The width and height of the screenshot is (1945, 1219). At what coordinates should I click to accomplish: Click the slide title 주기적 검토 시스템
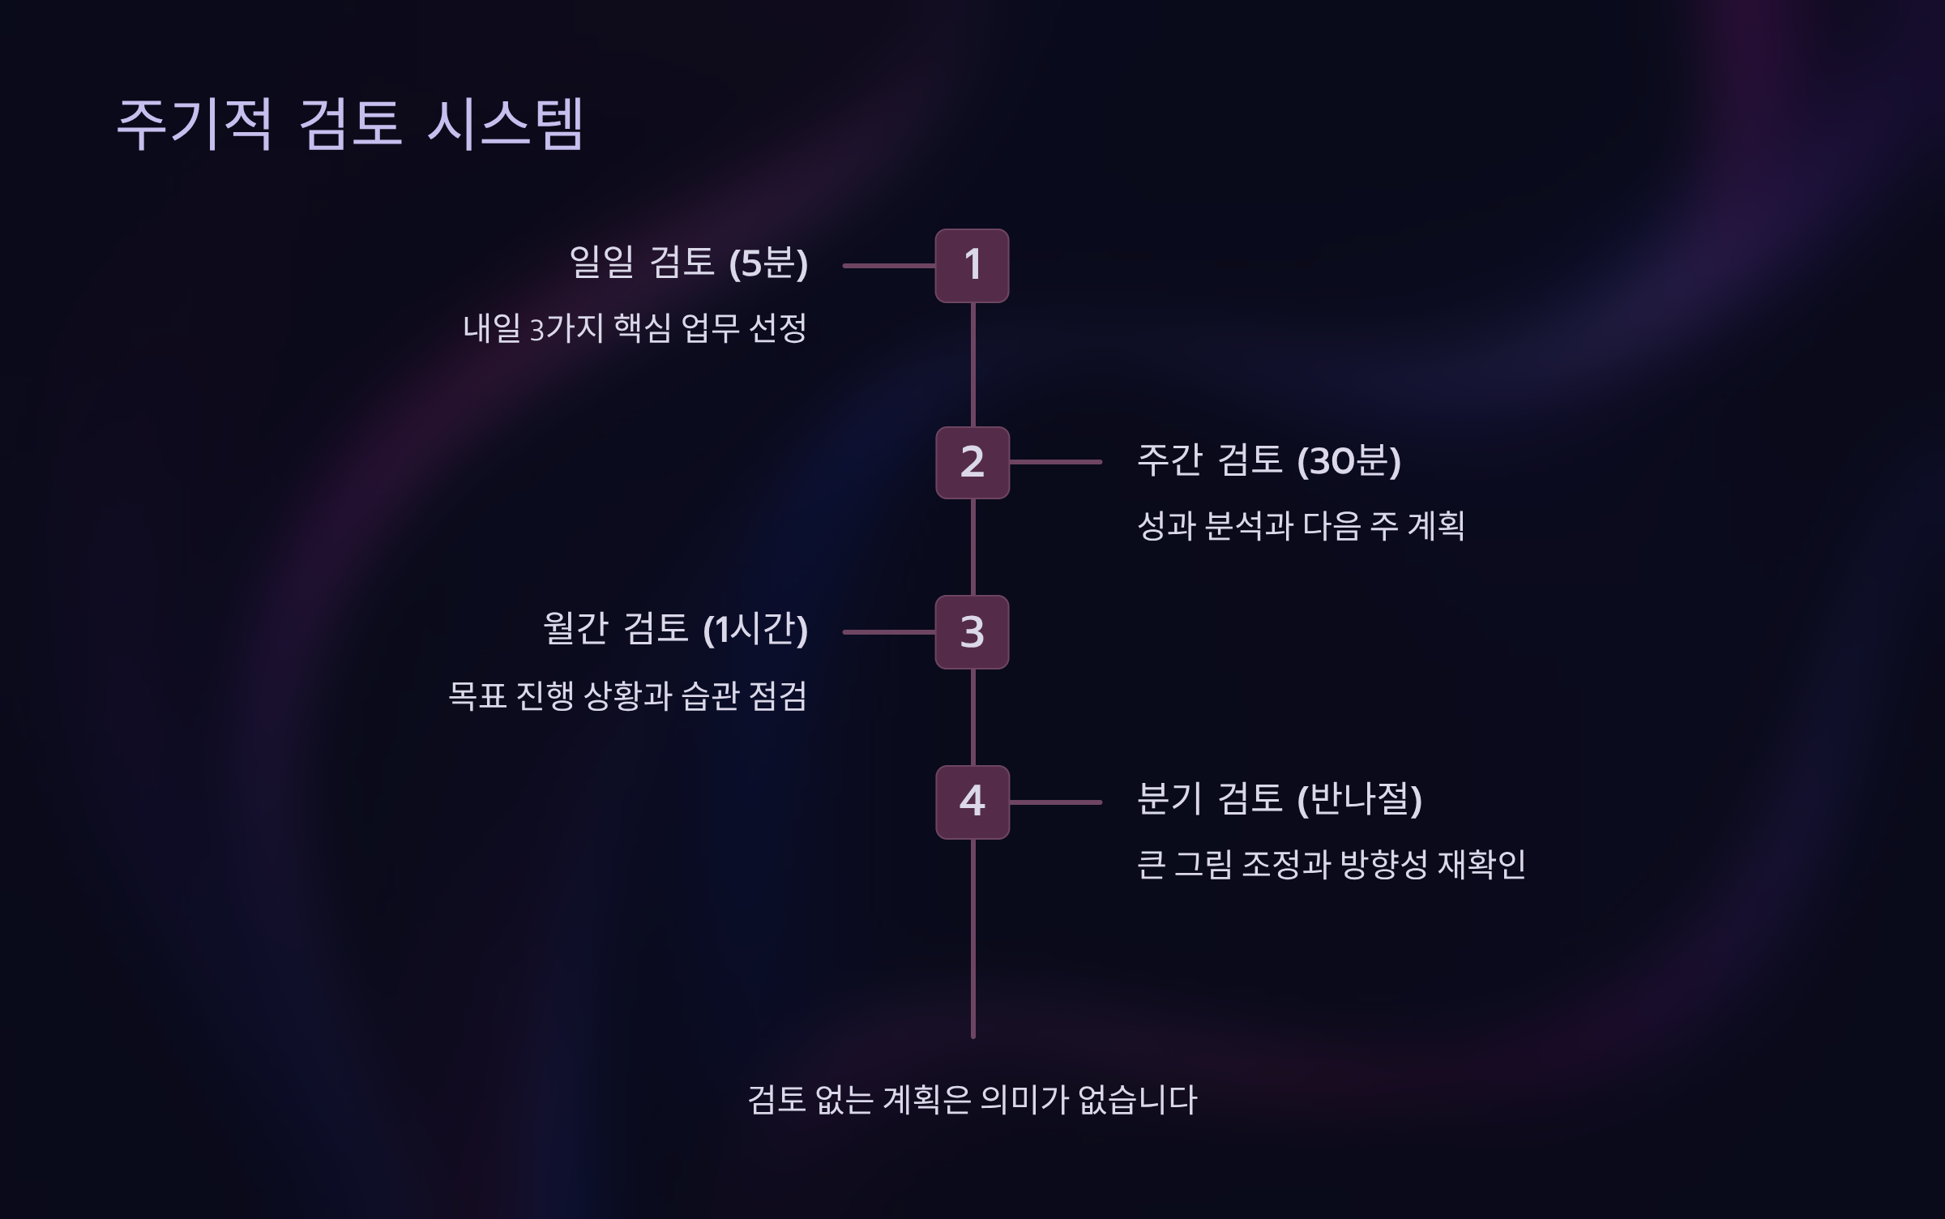click(349, 124)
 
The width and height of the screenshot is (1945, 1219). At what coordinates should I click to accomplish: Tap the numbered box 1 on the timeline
click(972, 266)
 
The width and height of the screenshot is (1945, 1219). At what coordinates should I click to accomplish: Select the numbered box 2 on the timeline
click(972, 463)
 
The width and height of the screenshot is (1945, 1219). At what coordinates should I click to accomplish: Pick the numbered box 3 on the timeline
click(972, 632)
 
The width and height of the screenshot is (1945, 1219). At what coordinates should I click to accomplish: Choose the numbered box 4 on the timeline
click(972, 802)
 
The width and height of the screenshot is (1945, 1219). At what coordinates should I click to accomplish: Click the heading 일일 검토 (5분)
click(688, 263)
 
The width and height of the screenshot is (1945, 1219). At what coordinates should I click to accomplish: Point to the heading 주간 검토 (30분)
click(1269, 460)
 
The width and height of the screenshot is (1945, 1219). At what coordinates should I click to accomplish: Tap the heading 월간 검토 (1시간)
click(675, 629)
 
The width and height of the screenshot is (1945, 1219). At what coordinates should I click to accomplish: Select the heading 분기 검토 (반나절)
click(1280, 799)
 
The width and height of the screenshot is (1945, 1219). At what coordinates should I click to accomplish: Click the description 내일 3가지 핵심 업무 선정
click(635, 328)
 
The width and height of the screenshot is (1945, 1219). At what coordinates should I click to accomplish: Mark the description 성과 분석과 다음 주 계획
click(1301, 526)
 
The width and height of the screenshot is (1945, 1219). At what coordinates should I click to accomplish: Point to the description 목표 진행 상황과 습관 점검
click(627, 695)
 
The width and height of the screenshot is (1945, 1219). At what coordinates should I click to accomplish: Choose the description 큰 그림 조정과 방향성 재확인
click(1331, 865)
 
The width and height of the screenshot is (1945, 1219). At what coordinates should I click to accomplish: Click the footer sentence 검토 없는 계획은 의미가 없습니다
click(972, 1100)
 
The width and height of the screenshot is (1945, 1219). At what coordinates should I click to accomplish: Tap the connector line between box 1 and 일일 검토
click(889, 266)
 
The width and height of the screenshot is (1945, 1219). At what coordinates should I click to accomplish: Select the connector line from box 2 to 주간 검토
click(1055, 462)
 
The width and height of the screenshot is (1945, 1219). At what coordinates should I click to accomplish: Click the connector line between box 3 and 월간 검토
click(889, 632)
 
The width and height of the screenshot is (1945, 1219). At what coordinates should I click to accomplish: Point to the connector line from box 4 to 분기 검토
click(1055, 802)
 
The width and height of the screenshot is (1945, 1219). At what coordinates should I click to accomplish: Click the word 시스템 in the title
click(505, 124)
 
